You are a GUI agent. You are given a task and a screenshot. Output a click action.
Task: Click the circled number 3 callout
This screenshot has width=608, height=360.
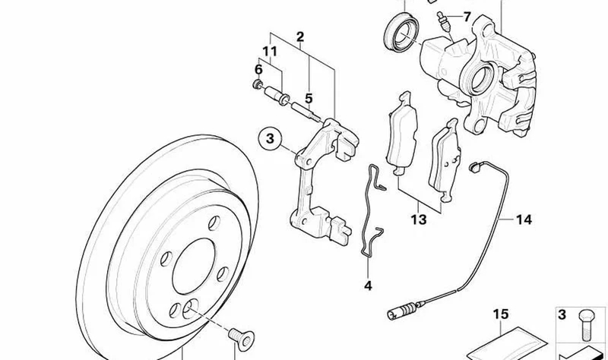pyautogui.click(x=270, y=139)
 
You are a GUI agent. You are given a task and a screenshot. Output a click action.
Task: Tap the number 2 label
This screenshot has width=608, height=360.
pyautogui.click(x=300, y=36)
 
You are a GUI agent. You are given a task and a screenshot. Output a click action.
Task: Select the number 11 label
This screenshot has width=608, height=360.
pyautogui.click(x=270, y=51)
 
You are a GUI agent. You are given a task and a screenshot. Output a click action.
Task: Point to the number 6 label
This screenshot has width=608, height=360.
pyautogui.click(x=258, y=69)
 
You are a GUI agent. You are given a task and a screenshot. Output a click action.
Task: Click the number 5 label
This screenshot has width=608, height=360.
pyautogui.click(x=309, y=99)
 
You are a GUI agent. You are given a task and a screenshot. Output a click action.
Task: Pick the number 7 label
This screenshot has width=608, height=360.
pyautogui.click(x=467, y=17)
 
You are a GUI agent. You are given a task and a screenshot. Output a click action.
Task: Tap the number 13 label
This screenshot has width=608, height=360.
pyautogui.click(x=419, y=219)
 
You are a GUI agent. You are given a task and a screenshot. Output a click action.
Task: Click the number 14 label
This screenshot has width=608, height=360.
pyautogui.click(x=524, y=219)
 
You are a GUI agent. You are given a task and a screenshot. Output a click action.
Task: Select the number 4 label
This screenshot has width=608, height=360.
pyautogui.click(x=368, y=286)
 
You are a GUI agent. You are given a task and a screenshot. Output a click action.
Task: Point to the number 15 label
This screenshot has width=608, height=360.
pyautogui.click(x=501, y=314)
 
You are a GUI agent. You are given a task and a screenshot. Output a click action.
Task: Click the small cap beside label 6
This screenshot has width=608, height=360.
pyautogui.click(x=257, y=84)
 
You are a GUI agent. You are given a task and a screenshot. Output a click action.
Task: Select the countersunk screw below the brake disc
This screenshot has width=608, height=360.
pyautogui.click(x=241, y=339)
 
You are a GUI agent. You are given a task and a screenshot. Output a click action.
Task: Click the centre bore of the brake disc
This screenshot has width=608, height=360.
pyautogui.click(x=194, y=267)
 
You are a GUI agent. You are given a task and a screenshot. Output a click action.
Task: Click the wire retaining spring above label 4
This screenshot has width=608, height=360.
pyautogui.click(x=372, y=210)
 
